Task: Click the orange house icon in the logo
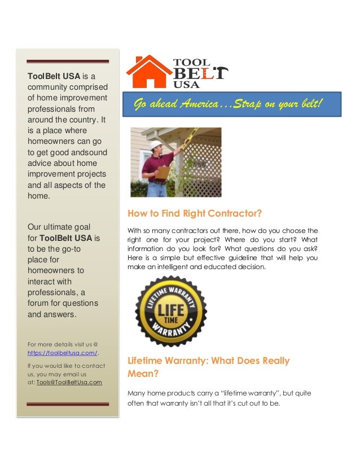148,72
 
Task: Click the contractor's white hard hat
155,145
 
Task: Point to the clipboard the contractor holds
163,172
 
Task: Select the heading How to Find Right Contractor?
196,214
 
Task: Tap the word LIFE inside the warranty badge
170,310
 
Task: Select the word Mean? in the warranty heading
141,373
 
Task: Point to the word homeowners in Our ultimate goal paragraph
56,270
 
